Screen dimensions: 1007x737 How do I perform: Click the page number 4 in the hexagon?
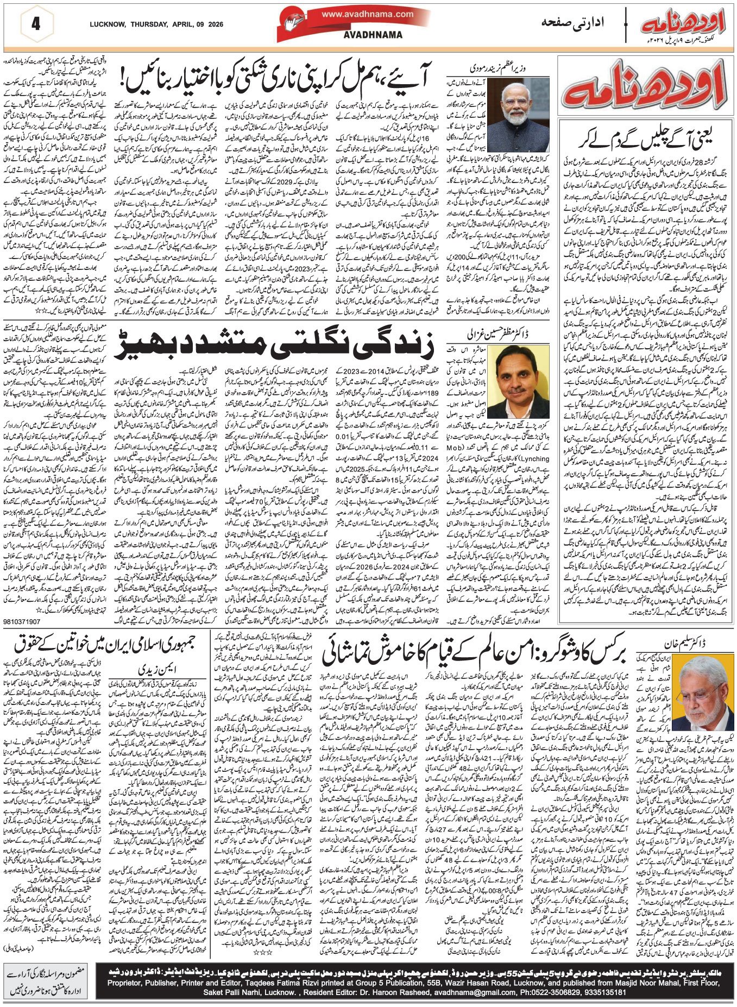click(36, 24)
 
